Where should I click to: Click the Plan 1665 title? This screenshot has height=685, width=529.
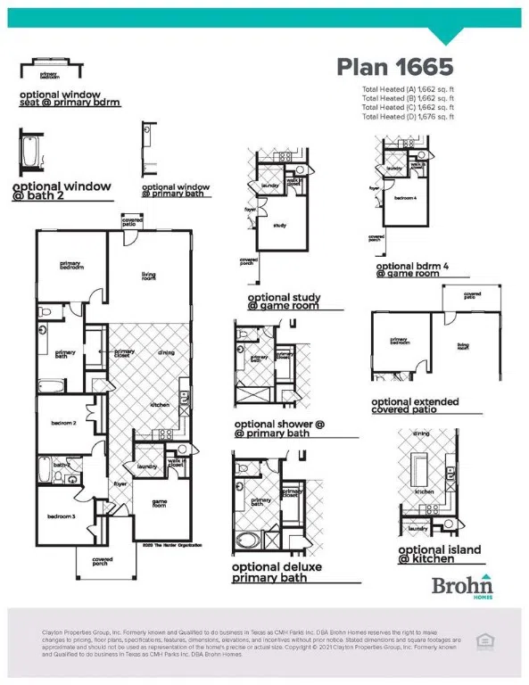394,67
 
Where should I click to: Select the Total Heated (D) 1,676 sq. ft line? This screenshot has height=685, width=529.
408,117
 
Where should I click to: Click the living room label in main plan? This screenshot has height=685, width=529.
148,277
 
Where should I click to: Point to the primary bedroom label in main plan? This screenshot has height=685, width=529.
71,265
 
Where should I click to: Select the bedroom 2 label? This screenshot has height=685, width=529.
62,423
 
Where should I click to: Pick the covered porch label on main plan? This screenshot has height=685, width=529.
103,562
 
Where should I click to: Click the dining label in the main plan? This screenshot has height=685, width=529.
166,353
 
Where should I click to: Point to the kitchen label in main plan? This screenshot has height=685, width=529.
160,405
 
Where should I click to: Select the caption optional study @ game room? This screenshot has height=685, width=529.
294,301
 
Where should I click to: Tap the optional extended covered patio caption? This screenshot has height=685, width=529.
415,405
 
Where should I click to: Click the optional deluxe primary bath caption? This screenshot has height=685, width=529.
277,572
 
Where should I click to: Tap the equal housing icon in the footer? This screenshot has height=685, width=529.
485,640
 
